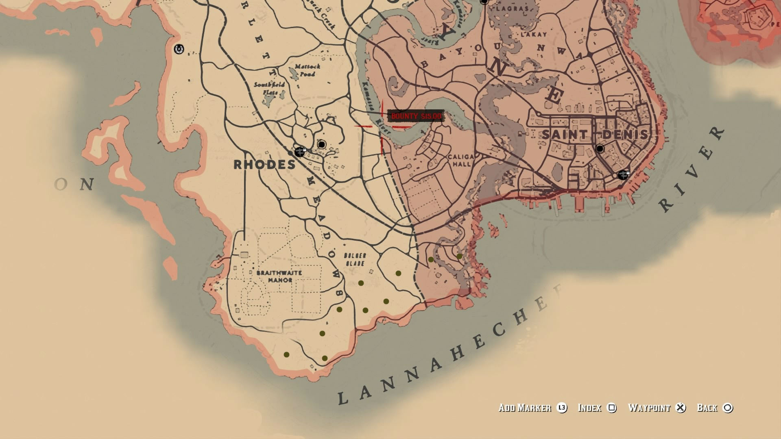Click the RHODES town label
(264, 165)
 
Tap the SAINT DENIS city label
(595, 135)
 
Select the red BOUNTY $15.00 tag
(416, 116)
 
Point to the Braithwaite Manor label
(279, 276)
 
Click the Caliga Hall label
(461, 160)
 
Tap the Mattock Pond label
(307, 70)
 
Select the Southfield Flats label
(269, 88)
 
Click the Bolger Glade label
(355, 259)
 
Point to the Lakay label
(534, 35)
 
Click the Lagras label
(512, 8)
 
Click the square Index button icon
(612, 408)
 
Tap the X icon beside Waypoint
(681, 408)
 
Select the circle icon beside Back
(728, 408)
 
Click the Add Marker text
(525, 408)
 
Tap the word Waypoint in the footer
(649, 408)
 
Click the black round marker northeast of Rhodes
(322, 144)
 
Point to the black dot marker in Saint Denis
(600, 149)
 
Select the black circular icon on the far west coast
(179, 49)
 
